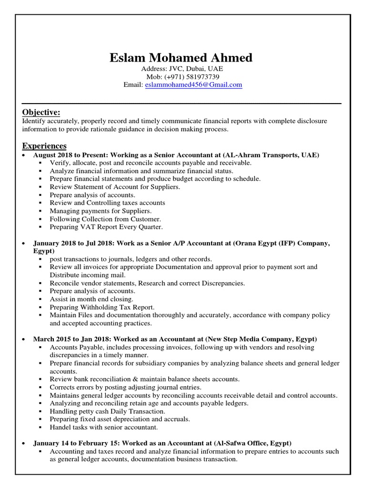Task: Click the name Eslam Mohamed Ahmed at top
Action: [x=181, y=58]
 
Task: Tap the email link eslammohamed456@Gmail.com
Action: [x=193, y=85]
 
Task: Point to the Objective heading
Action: [x=41, y=112]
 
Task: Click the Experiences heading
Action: [x=44, y=146]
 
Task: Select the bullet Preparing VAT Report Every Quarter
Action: [x=106, y=227]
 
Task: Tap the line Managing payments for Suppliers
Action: [x=101, y=211]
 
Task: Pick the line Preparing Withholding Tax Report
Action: [x=102, y=307]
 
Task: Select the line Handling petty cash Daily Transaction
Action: [x=107, y=411]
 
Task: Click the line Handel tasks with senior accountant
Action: [x=103, y=427]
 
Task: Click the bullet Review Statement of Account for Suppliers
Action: [x=115, y=187]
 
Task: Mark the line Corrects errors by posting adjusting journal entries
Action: [x=125, y=387]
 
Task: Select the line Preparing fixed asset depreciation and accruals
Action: [x=120, y=419]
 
